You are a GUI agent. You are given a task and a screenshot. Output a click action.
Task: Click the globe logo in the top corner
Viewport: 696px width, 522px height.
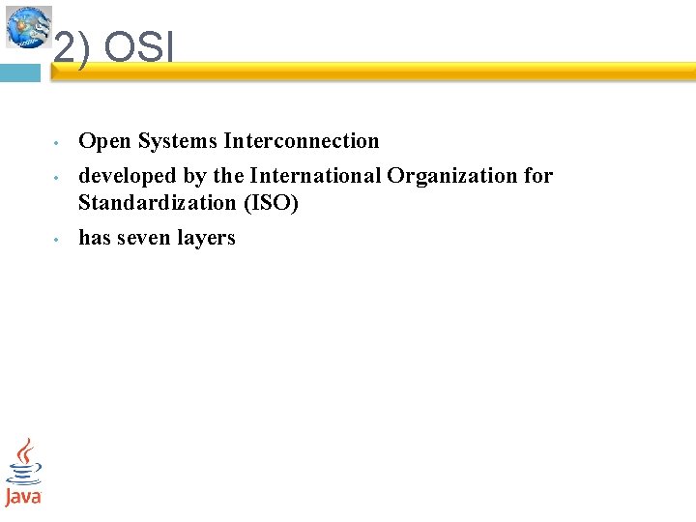[28, 26]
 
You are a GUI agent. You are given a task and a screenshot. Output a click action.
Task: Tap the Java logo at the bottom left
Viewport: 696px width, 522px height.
[23, 472]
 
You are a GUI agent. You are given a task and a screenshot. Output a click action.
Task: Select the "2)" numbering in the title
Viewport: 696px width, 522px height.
[72, 49]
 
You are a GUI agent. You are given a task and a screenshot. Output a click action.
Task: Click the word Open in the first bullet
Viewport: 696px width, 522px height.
[104, 141]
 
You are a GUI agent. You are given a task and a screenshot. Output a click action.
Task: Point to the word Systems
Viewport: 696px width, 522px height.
[178, 141]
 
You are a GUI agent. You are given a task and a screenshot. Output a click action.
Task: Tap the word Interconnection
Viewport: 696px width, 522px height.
[302, 141]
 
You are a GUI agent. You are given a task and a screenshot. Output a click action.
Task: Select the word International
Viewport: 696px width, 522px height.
[316, 176]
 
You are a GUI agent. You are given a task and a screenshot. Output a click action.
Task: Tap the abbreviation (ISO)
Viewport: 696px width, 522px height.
[275, 203]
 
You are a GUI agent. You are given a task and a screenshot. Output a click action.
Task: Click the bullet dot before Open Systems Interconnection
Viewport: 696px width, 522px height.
[57, 144]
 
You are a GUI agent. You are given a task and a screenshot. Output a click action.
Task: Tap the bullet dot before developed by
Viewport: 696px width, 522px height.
[57, 179]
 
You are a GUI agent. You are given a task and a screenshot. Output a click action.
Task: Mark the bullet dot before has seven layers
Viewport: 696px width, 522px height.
[57, 240]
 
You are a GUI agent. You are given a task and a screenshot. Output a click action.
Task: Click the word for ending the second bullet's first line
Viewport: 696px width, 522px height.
[538, 176]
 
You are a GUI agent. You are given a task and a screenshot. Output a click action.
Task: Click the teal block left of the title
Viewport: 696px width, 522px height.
[19, 73]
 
